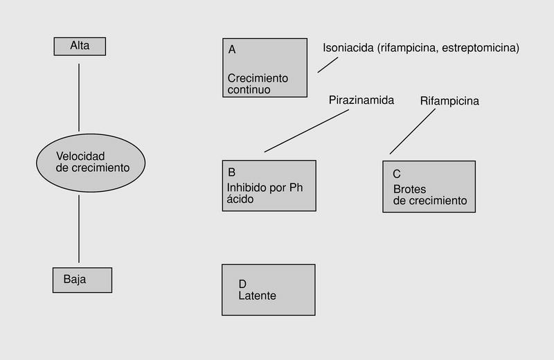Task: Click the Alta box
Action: [80, 46]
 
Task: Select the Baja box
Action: [82, 280]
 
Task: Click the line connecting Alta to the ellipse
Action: [79, 97]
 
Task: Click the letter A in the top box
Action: [232, 49]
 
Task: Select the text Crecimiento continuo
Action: [257, 84]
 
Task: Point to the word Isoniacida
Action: [349, 48]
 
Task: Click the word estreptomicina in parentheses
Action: [479, 48]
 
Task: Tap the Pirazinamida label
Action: [361, 100]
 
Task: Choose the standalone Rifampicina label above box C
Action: [449, 101]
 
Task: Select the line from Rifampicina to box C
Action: [413, 130]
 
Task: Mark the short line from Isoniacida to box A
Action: [328, 64]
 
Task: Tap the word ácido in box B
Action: [241, 199]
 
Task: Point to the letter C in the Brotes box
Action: [397, 174]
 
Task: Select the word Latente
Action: [257, 296]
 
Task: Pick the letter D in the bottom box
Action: [242, 284]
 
